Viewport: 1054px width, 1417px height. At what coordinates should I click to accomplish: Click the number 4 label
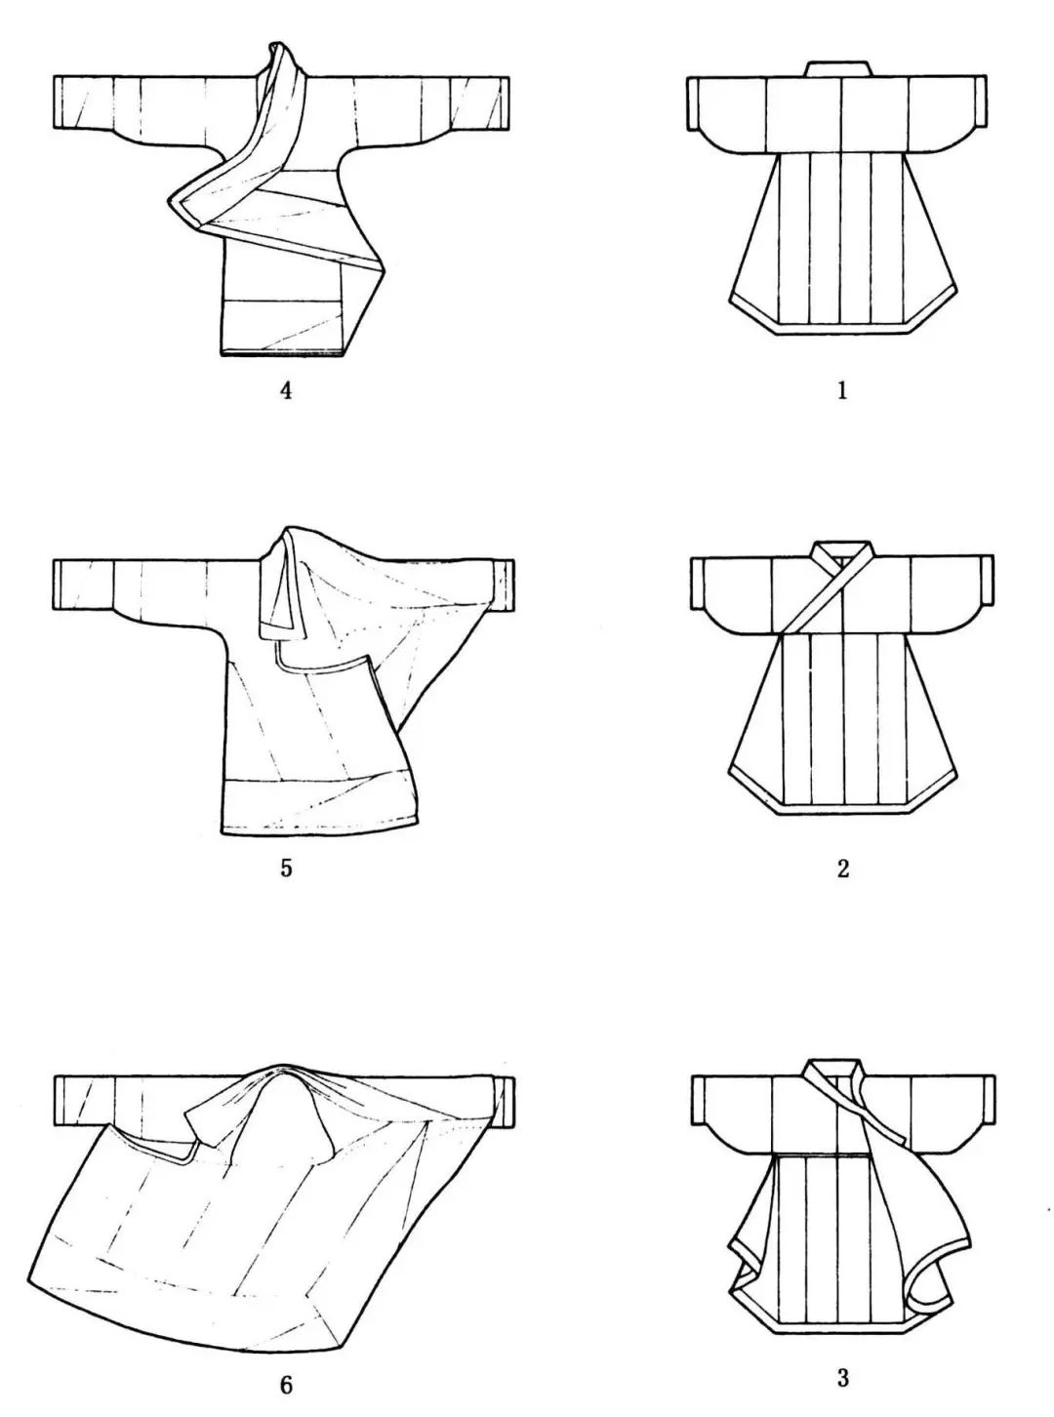[286, 391]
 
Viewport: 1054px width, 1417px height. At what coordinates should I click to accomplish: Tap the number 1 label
[842, 391]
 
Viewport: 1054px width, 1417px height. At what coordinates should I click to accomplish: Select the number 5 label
[286, 869]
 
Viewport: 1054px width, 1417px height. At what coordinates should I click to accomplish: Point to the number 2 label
[842, 869]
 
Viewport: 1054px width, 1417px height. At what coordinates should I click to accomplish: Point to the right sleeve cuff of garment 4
[503, 103]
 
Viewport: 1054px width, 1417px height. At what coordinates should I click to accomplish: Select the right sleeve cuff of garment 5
[507, 586]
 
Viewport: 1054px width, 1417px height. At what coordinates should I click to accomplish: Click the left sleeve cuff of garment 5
[61, 586]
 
